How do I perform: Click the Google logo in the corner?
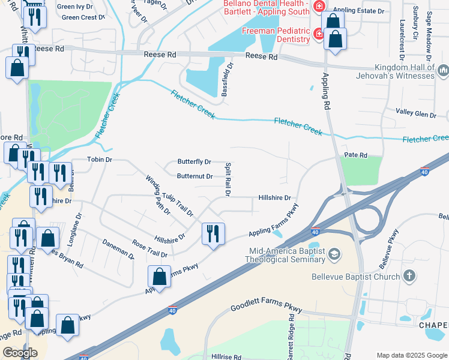pyautogui.click(x=20, y=353)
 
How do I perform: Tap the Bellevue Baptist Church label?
pyautogui.click(x=355, y=277)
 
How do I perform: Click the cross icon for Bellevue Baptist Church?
pyautogui.click(x=409, y=276)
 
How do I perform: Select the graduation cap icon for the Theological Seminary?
pyautogui.click(x=333, y=256)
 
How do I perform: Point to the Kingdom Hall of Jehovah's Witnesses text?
pyautogui.click(x=403, y=71)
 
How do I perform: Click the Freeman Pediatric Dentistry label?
pyautogui.click(x=276, y=35)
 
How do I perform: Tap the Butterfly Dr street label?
pyautogui.click(x=194, y=162)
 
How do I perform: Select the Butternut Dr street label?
pyautogui.click(x=194, y=176)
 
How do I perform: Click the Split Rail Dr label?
pyautogui.click(x=228, y=179)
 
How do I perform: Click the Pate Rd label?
pyautogui.click(x=355, y=155)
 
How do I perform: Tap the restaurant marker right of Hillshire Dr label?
pyautogui.click(x=212, y=233)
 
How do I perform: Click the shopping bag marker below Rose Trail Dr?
pyautogui.click(x=159, y=277)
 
